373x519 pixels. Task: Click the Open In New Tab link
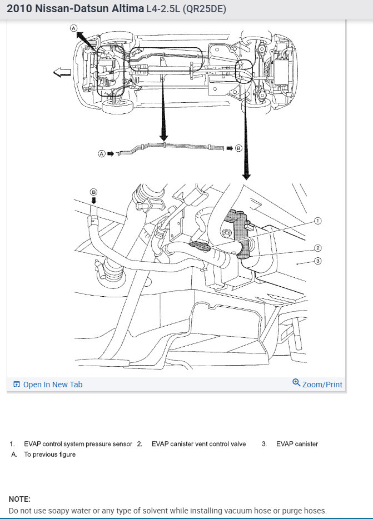(x=52, y=385)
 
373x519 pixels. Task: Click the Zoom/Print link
(x=322, y=385)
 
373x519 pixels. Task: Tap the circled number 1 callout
(x=318, y=221)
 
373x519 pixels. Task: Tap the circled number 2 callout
(x=318, y=248)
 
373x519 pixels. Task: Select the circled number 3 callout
(x=318, y=261)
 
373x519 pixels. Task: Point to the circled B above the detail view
(x=94, y=192)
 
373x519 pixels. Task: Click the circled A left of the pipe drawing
(x=101, y=153)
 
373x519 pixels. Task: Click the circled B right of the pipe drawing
(x=238, y=148)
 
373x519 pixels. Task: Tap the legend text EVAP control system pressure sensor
(x=78, y=444)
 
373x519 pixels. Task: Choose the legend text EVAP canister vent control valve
(x=198, y=444)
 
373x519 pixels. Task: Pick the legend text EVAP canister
(x=297, y=444)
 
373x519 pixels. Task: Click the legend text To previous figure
(x=49, y=454)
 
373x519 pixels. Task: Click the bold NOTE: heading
(x=19, y=499)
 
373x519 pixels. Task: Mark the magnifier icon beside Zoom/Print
(x=296, y=383)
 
